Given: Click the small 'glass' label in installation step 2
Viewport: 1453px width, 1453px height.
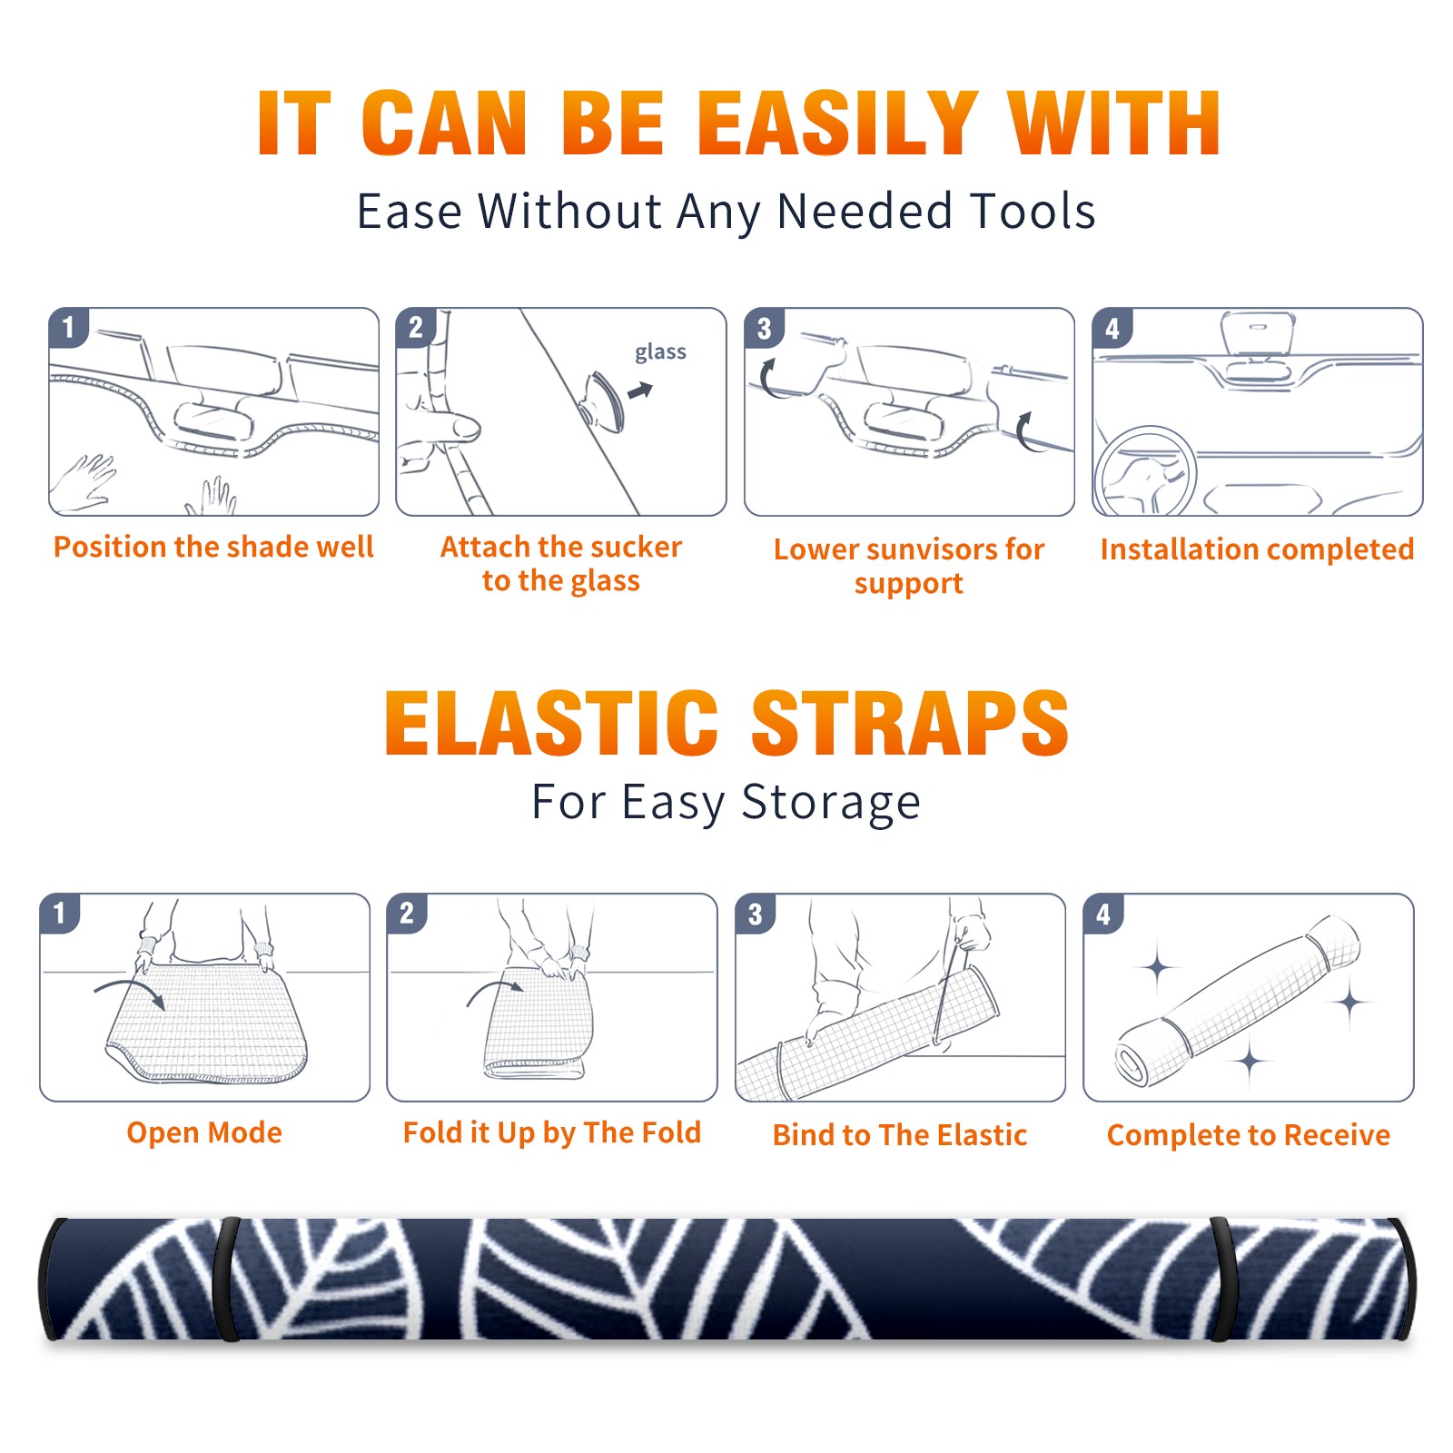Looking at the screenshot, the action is (x=660, y=352).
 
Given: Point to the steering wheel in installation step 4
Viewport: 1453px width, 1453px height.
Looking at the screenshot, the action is (x=1145, y=472).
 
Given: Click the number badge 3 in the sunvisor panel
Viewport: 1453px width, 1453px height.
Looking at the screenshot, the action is (x=764, y=328).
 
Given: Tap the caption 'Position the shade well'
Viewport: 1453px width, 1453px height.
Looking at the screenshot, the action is (x=213, y=547).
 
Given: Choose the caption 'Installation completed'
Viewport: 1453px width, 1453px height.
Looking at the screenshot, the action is (x=1257, y=549).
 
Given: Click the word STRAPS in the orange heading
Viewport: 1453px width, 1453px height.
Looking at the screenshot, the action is (x=910, y=723).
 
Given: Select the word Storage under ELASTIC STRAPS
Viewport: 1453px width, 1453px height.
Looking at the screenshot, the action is (x=831, y=804).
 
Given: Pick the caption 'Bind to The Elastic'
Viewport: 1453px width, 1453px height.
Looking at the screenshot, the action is (x=899, y=1134).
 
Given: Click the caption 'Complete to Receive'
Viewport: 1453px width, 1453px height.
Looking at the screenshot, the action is (x=1248, y=1134).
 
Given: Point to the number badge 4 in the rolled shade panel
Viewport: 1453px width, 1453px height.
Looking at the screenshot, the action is (x=1102, y=914).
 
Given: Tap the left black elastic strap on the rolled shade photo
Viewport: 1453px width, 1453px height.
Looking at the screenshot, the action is (x=226, y=1280).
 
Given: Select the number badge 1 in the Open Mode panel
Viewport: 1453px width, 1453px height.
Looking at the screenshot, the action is (x=60, y=914).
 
